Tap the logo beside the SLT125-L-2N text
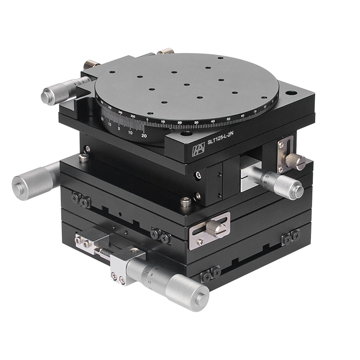pos(198,150)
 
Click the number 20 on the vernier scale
pos(144,135)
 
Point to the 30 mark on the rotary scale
pos(196,122)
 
